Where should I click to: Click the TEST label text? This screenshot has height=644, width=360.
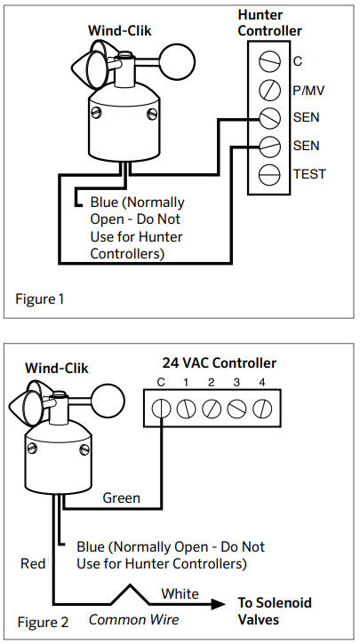pyautogui.click(x=309, y=173)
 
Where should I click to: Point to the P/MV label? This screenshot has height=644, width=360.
pyautogui.click(x=309, y=90)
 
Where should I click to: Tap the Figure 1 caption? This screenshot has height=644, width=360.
pyautogui.click(x=40, y=298)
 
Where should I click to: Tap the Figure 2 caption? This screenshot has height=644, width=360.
pyautogui.click(x=41, y=622)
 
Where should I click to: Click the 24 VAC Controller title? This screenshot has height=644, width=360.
pyautogui.click(x=219, y=362)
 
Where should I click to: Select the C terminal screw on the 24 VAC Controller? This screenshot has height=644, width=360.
pyautogui.click(x=161, y=409)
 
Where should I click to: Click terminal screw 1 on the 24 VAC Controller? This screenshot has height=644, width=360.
pyautogui.click(x=186, y=409)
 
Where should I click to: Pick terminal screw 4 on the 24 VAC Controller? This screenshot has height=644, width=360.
pyautogui.click(x=261, y=409)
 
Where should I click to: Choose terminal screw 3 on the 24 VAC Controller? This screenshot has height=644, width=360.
pyautogui.click(x=236, y=409)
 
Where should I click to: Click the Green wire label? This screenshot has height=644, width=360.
pyautogui.click(x=121, y=497)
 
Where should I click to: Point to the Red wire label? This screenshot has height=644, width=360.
pyautogui.click(x=33, y=563)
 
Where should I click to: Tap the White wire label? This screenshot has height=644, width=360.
pyautogui.click(x=180, y=592)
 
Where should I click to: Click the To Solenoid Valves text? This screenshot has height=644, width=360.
pyautogui.click(x=275, y=611)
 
